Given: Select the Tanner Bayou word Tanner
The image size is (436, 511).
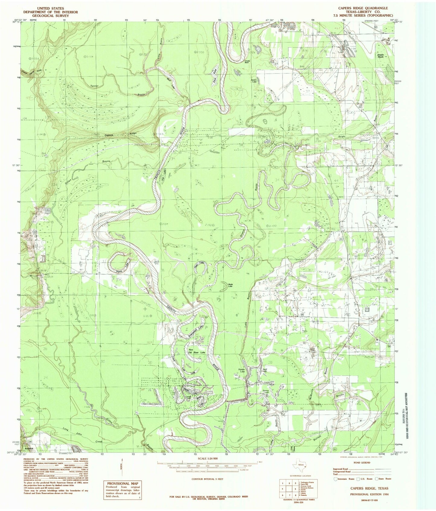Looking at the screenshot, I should pos(94,86).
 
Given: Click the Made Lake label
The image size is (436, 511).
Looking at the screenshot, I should pos(231,285).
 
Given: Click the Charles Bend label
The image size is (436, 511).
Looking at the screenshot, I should pos(248,61).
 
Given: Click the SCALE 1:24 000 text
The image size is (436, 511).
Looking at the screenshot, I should pos(207,458).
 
